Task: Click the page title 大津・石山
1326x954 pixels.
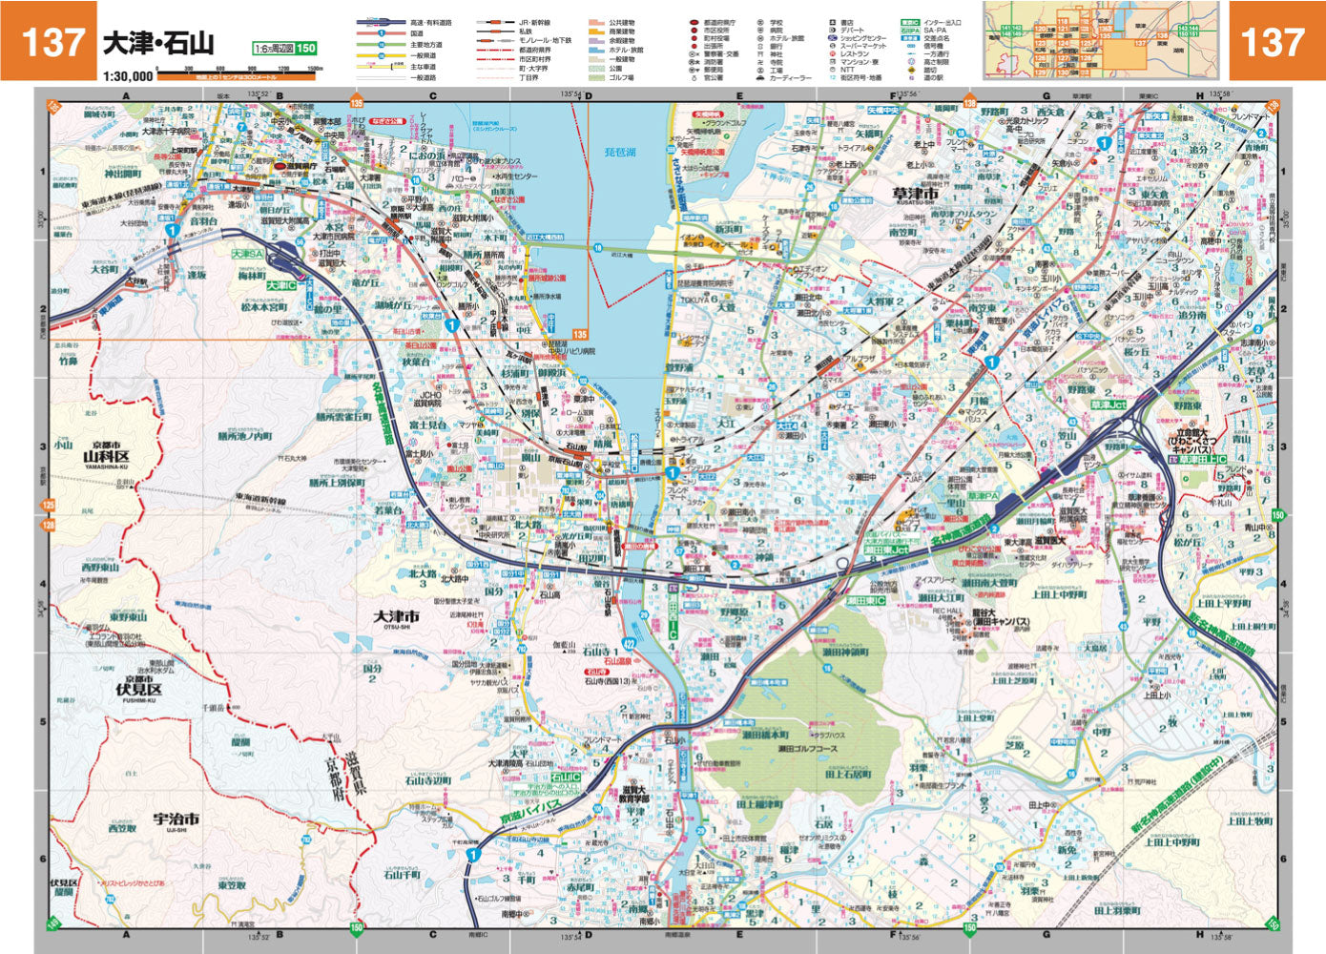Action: [157, 43]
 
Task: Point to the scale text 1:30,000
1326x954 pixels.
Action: [129, 76]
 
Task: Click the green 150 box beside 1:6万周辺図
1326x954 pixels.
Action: [305, 49]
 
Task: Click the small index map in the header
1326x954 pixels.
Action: [1102, 40]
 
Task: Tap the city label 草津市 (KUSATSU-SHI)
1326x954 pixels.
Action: [916, 195]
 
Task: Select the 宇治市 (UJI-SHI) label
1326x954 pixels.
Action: [176, 819]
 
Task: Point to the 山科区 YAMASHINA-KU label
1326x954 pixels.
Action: [105, 457]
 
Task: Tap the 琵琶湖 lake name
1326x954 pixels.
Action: [620, 153]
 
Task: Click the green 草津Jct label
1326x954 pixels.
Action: [1108, 405]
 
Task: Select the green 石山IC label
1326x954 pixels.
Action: [565, 778]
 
